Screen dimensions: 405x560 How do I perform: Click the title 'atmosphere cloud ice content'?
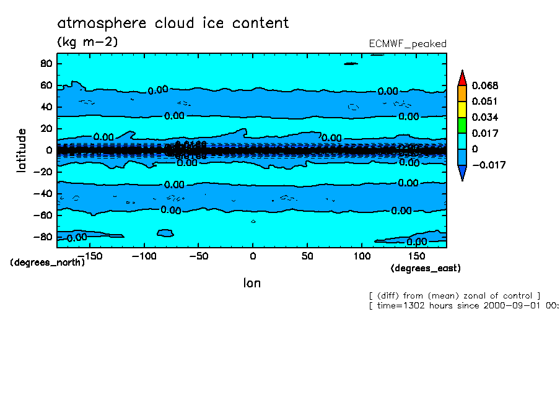click(x=173, y=24)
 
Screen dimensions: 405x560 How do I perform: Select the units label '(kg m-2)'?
click(x=87, y=41)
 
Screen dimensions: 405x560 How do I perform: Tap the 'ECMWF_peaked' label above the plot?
click(x=407, y=43)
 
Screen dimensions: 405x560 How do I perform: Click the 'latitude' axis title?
click(x=22, y=150)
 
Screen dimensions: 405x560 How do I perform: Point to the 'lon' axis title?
click(x=252, y=283)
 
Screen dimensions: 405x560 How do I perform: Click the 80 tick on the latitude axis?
click(x=46, y=63)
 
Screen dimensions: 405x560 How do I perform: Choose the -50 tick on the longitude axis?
click(x=198, y=255)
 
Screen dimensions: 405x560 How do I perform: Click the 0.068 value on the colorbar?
click(x=484, y=85)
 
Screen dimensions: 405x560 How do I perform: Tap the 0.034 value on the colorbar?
click(x=484, y=117)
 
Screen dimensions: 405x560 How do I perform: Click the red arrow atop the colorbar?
click(x=462, y=77)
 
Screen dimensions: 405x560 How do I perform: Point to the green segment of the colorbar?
click(x=462, y=125)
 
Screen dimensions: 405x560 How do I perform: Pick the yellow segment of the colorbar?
click(x=462, y=109)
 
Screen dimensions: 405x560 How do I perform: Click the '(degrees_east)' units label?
click(x=426, y=268)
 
